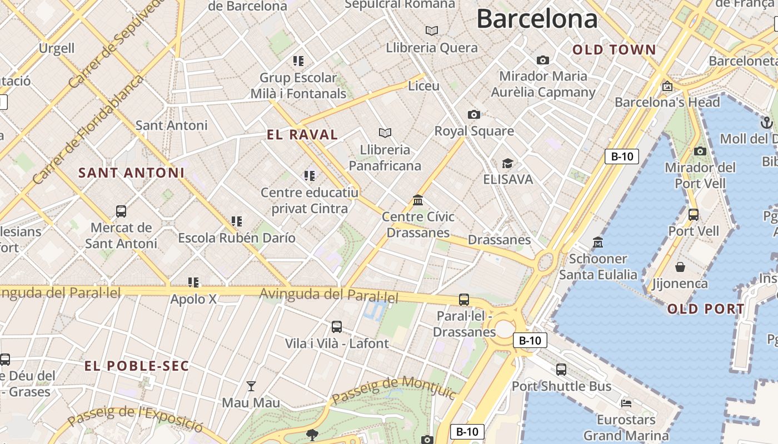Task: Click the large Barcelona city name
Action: pos(537,19)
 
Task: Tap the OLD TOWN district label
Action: pos(614,50)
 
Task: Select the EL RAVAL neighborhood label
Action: pos(302,135)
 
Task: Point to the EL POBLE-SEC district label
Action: pos(137,366)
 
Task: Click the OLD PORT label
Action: pos(706,310)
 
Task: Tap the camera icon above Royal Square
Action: pos(473,115)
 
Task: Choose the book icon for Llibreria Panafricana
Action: pos(385,133)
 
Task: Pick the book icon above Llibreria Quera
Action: pos(432,31)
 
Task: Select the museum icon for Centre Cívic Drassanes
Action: pos(418,200)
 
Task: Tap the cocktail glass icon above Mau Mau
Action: pos(251,386)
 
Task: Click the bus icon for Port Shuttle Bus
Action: pos(561,370)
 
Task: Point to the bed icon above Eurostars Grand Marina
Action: pos(626,403)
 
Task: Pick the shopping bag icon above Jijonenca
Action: pos(680,268)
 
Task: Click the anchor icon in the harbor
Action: pos(767,122)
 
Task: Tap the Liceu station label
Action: pos(423,86)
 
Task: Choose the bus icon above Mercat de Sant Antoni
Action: pos(121,211)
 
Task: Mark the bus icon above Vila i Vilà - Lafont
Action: pos(337,327)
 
